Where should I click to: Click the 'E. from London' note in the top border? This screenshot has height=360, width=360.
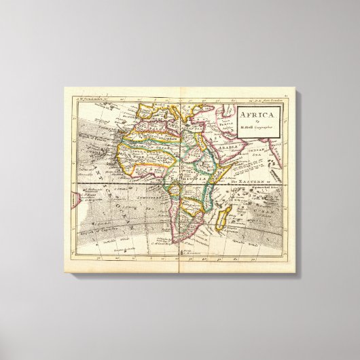(x=261, y=97)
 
